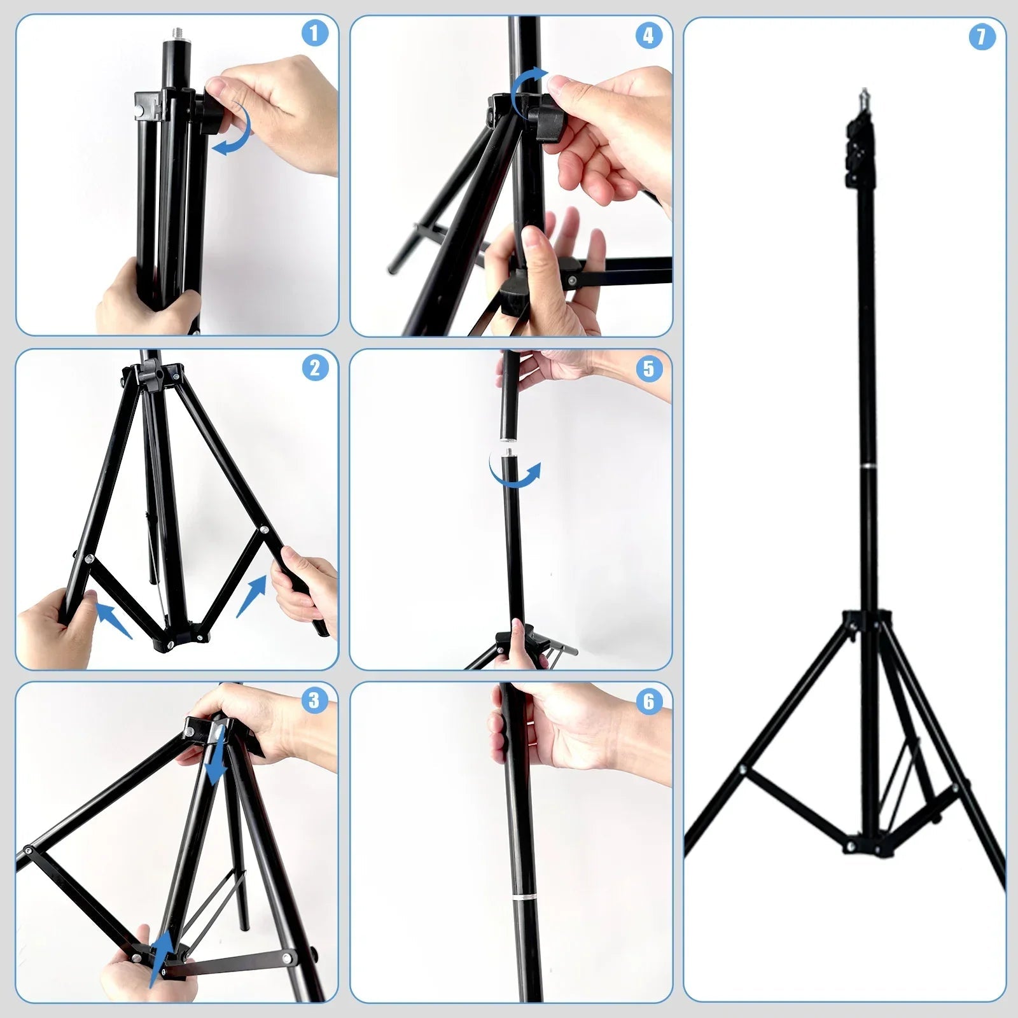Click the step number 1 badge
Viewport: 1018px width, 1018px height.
click(314, 34)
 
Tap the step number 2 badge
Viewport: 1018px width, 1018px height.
click(314, 368)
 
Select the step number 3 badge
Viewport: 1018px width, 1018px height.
click(314, 701)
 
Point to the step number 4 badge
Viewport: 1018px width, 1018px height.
click(648, 36)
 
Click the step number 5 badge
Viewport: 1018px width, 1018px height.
click(648, 368)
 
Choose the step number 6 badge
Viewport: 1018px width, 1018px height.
click(648, 701)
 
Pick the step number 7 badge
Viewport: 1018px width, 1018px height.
click(982, 37)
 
